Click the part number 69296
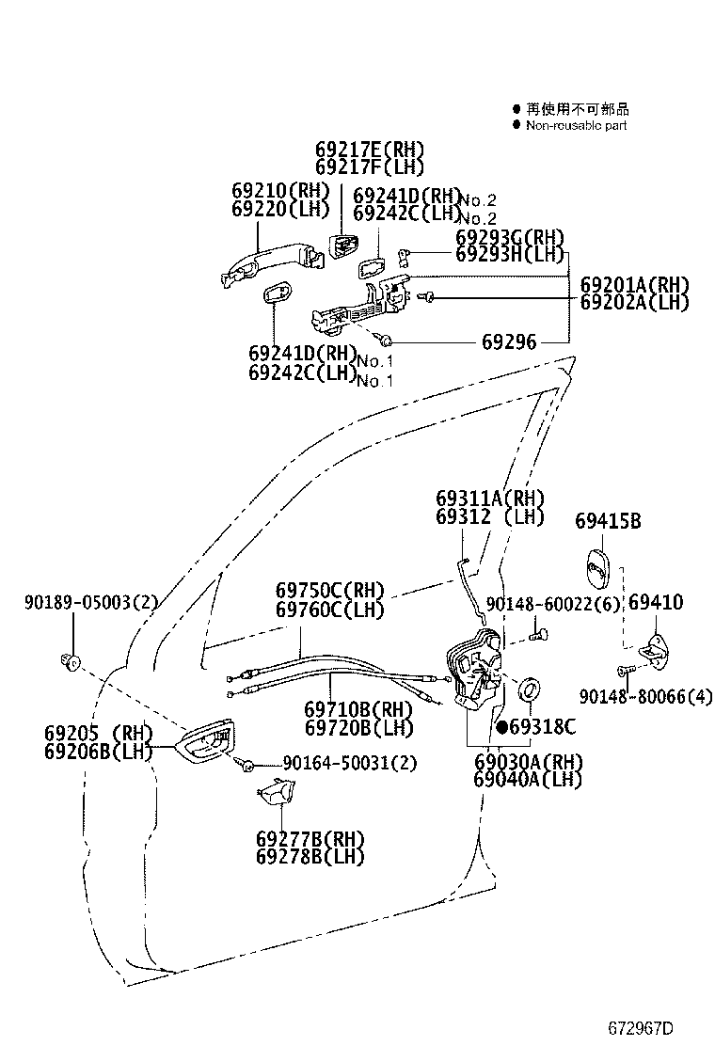[509, 342]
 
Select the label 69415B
[608, 520]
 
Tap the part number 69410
[656, 602]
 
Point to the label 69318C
[543, 726]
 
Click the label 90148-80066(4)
[646, 696]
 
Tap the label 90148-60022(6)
[554, 603]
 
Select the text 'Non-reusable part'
[576, 125]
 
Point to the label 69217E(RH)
[370, 150]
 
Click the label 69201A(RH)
[634, 284]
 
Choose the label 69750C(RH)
[330, 591]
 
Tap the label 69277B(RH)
[310, 838]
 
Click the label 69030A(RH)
[528, 762]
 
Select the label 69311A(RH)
[490, 498]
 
